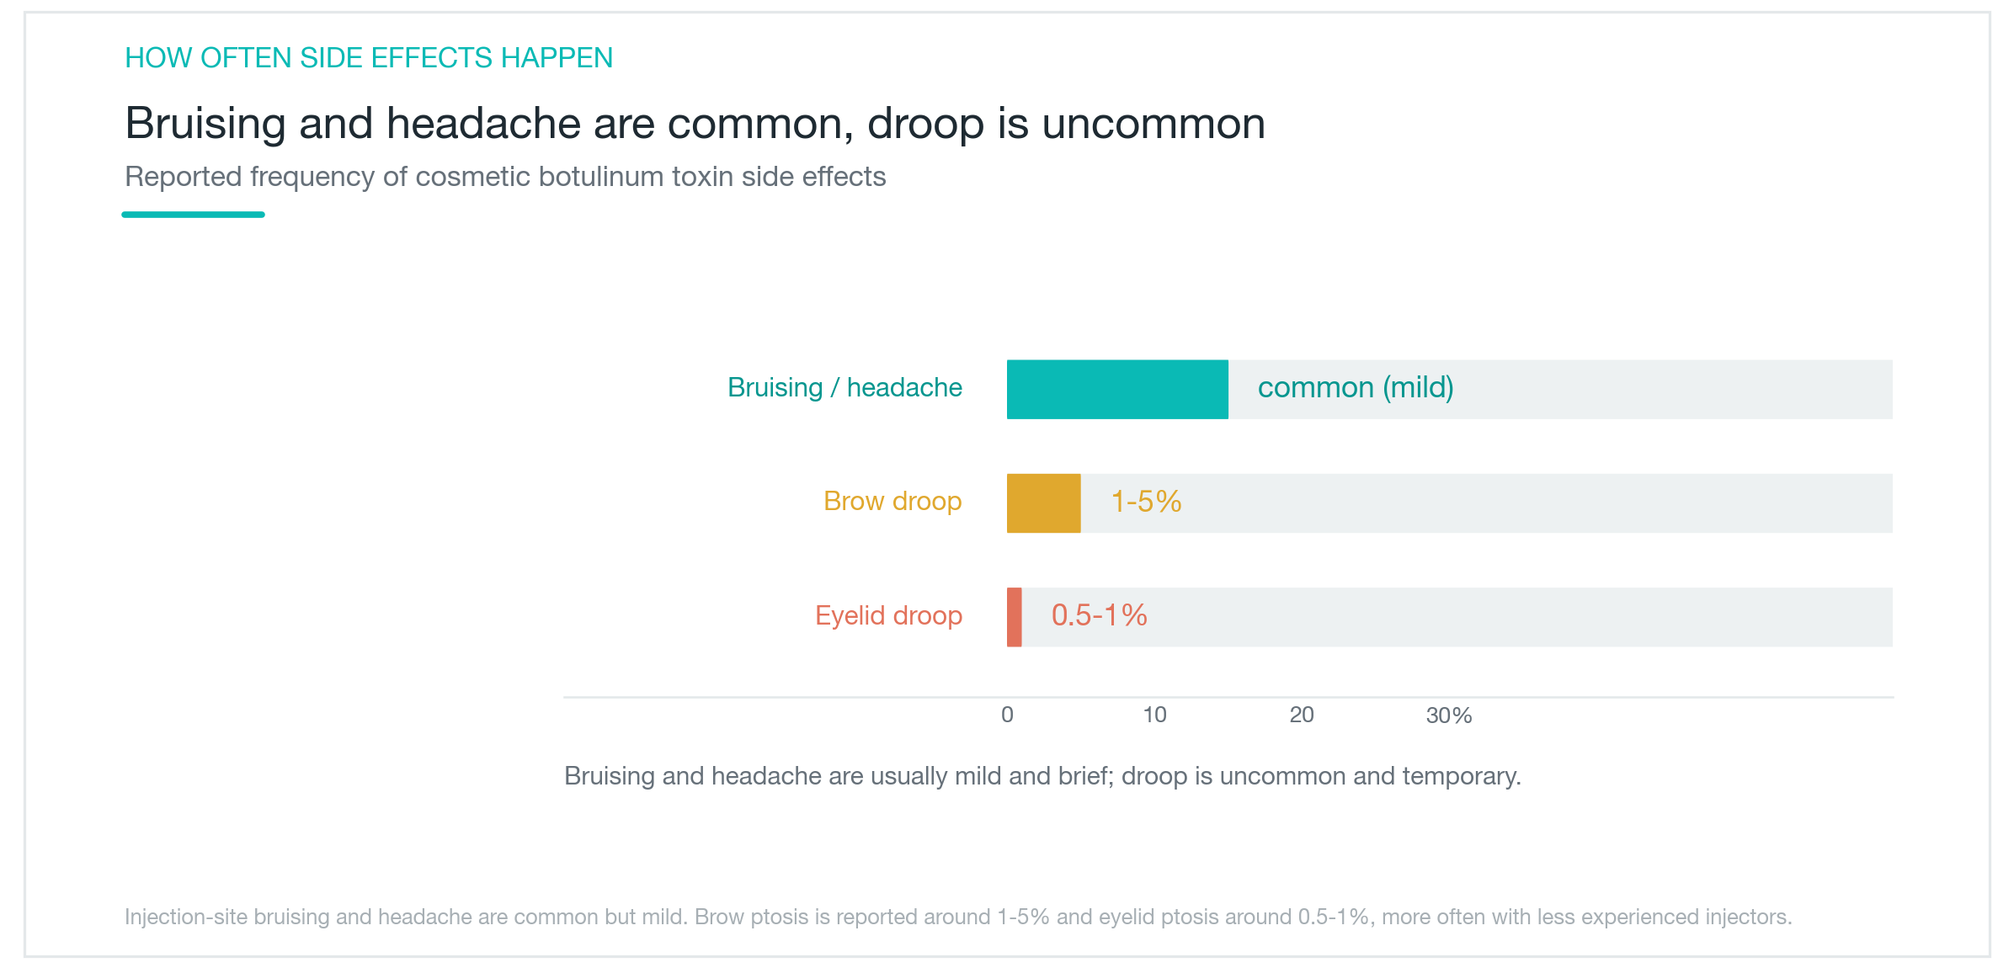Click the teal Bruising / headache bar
[x=1117, y=389]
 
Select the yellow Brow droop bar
[x=1044, y=503]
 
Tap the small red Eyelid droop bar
[x=1015, y=617]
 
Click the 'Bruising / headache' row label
[x=844, y=387]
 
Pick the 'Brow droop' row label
[x=892, y=501]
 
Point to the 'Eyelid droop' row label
[x=888, y=615]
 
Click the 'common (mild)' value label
[x=1356, y=387]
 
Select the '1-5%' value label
[x=1146, y=501]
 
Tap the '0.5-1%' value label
[x=1099, y=615]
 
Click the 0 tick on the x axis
[x=1007, y=715]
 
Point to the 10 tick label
[x=1154, y=715]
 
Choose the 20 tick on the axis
[x=1302, y=715]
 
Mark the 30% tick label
[x=1449, y=715]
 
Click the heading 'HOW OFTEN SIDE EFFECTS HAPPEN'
[x=369, y=57]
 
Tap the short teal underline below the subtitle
[x=193, y=215]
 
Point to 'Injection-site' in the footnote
[x=186, y=917]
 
